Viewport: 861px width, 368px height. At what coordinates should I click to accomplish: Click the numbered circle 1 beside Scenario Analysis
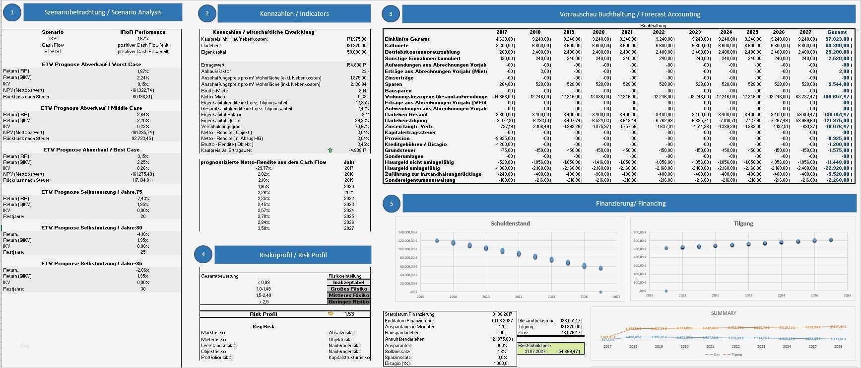pyautogui.click(x=12, y=12)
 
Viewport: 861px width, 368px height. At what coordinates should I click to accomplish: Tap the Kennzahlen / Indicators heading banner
pyautogui.click(x=294, y=13)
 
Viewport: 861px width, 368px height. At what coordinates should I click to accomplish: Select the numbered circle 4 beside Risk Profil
pyautogui.click(x=203, y=255)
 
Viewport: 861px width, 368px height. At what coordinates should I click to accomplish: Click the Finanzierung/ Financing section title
pyautogui.click(x=630, y=203)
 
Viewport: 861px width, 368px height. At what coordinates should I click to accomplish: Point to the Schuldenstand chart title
pyautogui.click(x=510, y=223)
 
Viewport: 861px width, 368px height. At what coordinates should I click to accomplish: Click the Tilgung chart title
pyautogui.click(x=743, y=223)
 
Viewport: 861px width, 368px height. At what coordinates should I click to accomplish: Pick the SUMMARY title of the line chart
pyautogui.click(x=723, y=313)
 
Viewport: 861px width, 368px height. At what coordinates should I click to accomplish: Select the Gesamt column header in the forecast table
pyautogui.click(x=837, y=32)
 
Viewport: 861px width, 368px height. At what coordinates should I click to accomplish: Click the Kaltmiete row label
pyautogui.click(x=397, y=46)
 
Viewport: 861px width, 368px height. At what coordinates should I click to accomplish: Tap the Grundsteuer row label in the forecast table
pyautogui.click(x=400, y=150)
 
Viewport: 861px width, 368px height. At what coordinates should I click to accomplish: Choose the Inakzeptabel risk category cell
pyautogui.click(x=348, y=283)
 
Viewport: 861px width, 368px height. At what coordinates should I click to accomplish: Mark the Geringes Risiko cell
pyautogui.click(x=348, y=301)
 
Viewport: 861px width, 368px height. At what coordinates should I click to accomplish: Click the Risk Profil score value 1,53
pyautogui.click(x=349, y=314)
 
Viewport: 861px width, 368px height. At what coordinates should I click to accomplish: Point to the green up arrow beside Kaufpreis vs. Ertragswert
pyautogui.click(x=330, y=150)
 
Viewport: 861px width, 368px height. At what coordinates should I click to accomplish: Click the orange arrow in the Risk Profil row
pyautogui.click(x=331, y=314)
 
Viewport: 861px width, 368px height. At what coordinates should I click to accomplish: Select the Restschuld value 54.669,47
pyautogui.click(x=568, y=351)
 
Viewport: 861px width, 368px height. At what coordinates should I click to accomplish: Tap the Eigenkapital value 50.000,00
pyautogui.click(x=357, y=52)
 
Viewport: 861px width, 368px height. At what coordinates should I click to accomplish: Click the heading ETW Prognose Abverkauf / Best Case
pyautogui.click(x=91, y=149)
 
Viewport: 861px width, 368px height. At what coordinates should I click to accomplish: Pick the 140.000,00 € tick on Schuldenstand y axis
pyautogui.click(x=407, y=232)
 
